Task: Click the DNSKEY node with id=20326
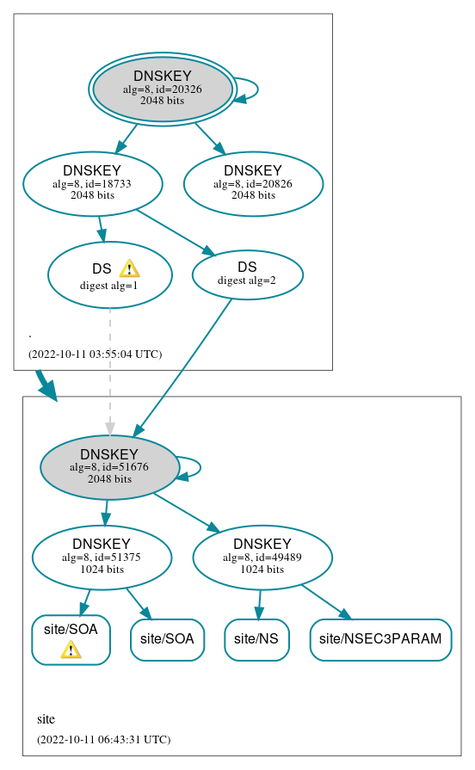pos(163,89)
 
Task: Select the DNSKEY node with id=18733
pos(93,183)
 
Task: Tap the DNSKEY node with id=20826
pos(253,183)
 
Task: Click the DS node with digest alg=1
pos(109,275)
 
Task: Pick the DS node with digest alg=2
pos(247,274)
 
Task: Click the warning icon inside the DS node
pos(129,268)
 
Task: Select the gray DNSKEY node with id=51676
pos(109,467)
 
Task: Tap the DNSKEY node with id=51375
pos(102,557)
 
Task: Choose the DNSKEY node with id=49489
pos(262,557)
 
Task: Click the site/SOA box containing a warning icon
pos(71,639)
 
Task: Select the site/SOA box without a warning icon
pos(167,639)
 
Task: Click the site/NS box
pos(256,639)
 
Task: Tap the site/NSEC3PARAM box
pos(380,639)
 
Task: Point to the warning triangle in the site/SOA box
pos(71,650)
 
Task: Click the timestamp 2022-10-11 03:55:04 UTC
pos(95,354)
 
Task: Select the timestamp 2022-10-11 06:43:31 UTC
pos(103,739)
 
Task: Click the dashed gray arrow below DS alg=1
pos(109,370)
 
